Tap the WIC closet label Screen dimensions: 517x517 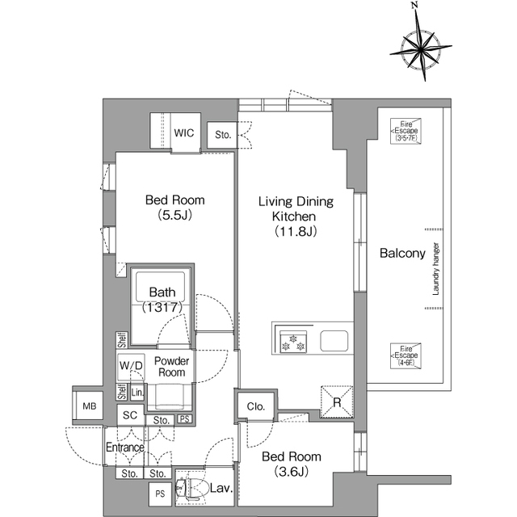[184, 132]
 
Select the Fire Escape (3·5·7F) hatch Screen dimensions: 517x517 [406, 131]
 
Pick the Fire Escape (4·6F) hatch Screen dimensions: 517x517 [406, 355]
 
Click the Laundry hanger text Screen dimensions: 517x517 [436, 269]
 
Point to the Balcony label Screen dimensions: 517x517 [402, 253]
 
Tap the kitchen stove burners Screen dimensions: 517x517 [293, 342]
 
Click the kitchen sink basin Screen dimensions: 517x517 [334, 341]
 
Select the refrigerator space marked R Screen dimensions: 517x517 [337, 402]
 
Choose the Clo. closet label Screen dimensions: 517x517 [256, 406]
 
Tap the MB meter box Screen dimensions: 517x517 [90, 406]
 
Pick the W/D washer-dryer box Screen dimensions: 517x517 [131, 366]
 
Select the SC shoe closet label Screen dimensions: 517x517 [130, 415]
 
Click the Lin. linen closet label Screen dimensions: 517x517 [137, 393]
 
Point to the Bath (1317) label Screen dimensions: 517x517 [162, 300]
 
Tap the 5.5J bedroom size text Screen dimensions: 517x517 [175, 215]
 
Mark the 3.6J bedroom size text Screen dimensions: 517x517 [292, 472]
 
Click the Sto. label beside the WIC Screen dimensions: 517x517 [223, 135]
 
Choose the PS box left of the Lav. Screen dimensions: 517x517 [160, 494]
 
